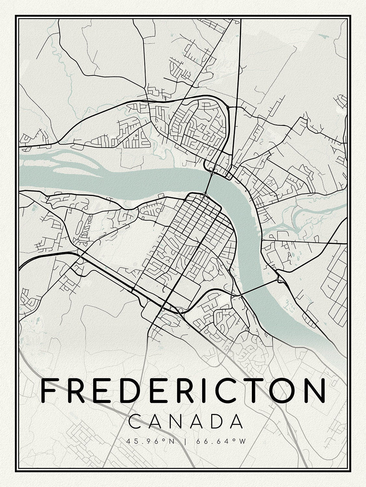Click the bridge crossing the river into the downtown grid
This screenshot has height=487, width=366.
208,183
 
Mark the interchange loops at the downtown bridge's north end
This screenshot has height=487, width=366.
213,169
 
